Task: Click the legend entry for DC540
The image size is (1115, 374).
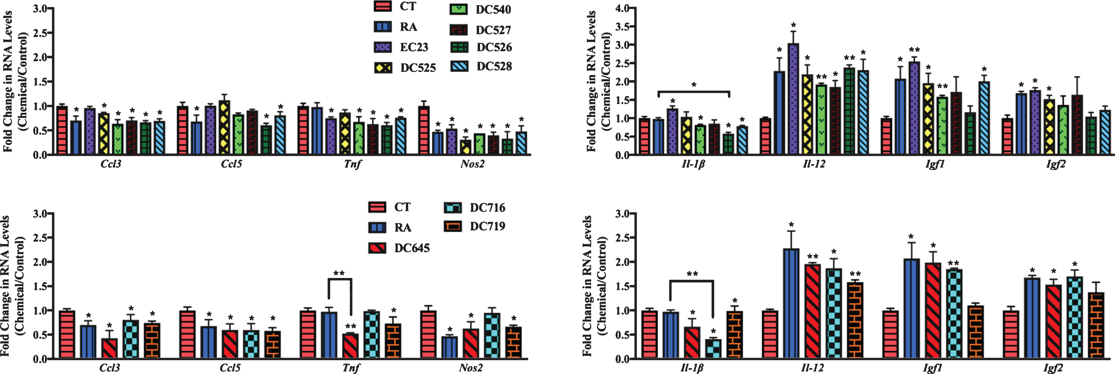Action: [x=480, y=9]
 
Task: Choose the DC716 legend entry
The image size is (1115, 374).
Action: [x=475, y=207]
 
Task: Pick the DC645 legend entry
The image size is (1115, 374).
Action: [x=399, y=248]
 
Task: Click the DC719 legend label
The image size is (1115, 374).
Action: [x=487, y=226]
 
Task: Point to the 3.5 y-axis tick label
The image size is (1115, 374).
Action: [x=624, y=26]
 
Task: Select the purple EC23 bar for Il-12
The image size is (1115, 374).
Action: [x=793, y=99]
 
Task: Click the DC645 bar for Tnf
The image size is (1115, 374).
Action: [x=350, y=346]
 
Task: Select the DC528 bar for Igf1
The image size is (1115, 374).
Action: [x=984, y=118]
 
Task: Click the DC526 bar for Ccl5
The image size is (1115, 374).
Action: [x=266, y=140]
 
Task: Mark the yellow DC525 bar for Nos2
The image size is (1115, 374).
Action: [x=466, y=147]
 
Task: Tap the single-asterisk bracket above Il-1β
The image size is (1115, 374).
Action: [x=693, y=91]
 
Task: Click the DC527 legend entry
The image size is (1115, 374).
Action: [x=481, y=30]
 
